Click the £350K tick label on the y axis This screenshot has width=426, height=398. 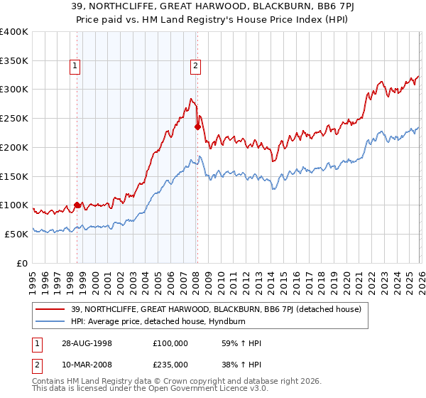[14, 60]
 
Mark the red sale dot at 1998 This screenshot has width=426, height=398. [77, 205]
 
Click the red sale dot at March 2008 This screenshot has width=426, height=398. [197, 127]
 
